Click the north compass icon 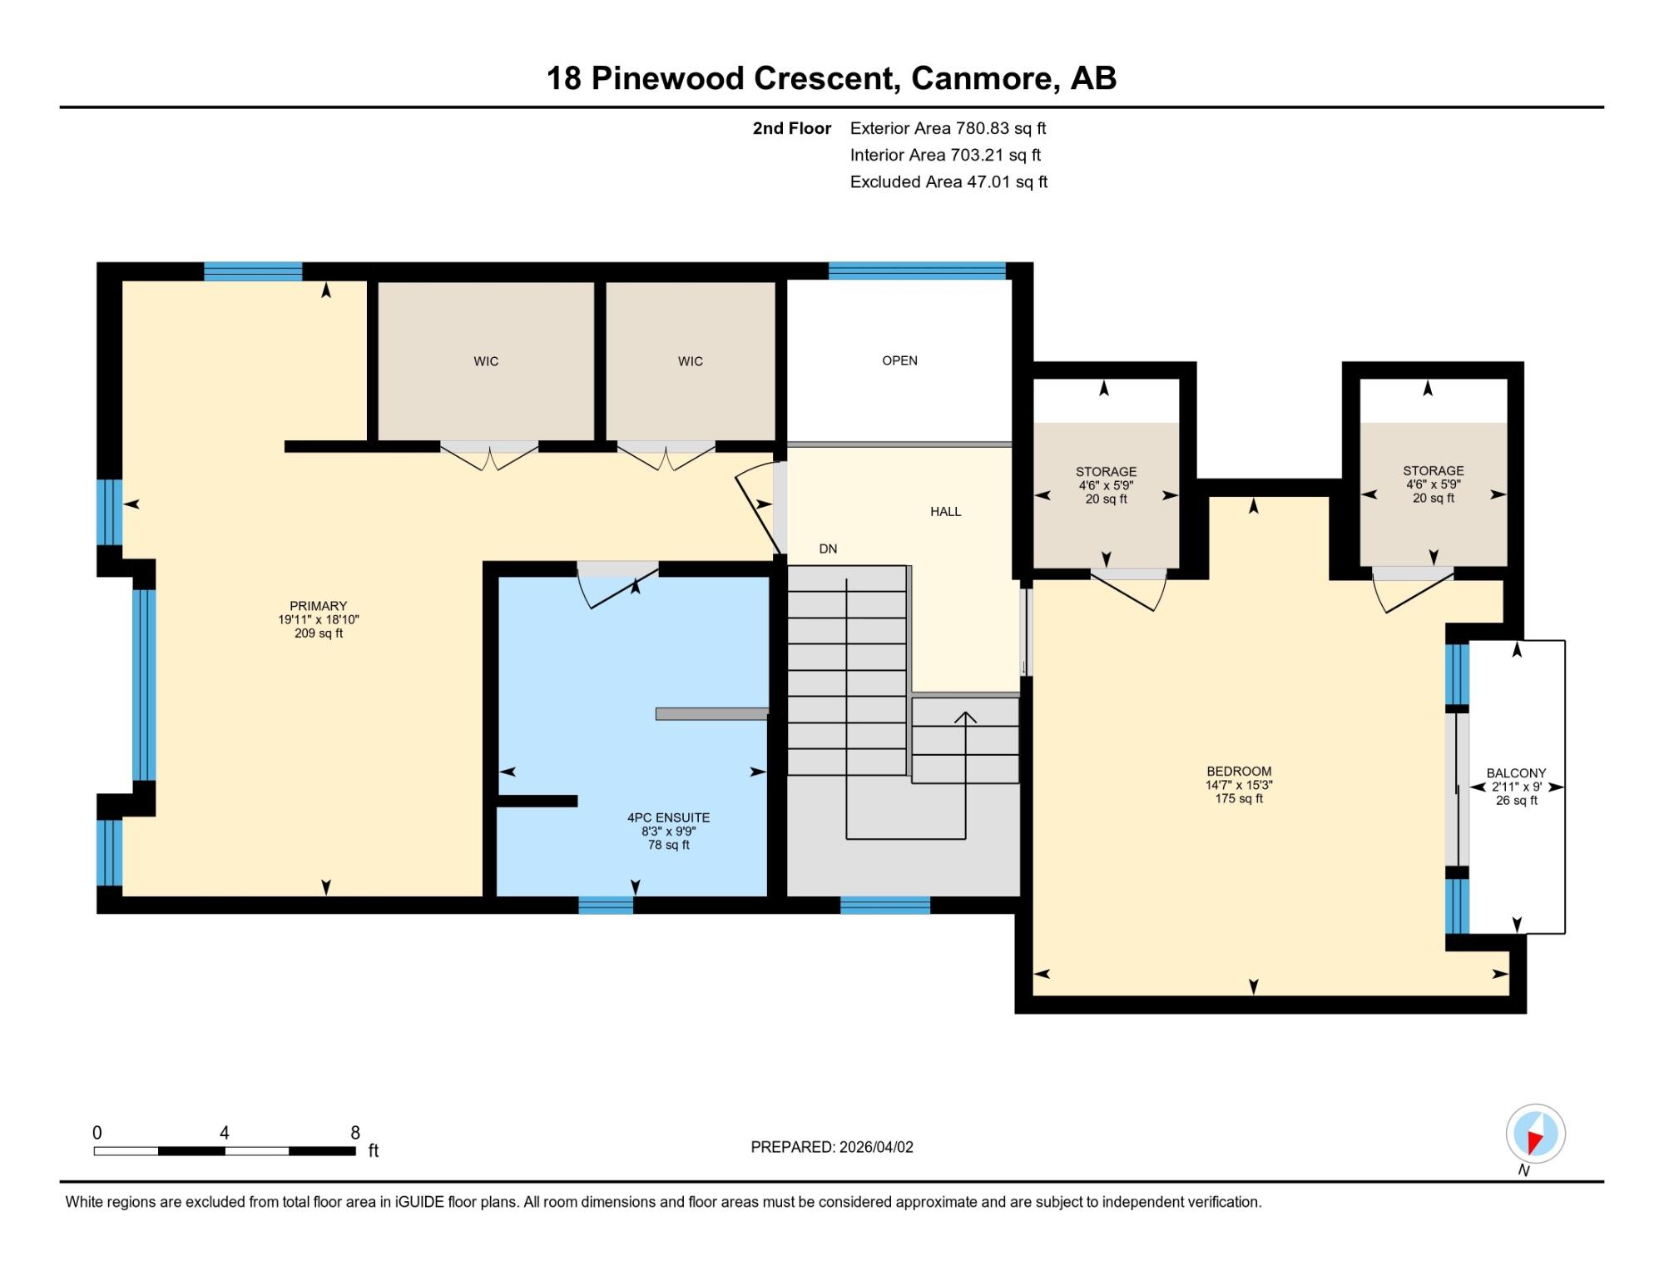pos(1535,1133)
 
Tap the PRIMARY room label pos(318,606)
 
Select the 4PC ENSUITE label pos(668,817)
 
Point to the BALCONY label pos(1516,773)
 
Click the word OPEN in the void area pos(899,360)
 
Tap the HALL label pos(945,512)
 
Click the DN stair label pos(828,549)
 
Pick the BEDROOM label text pos(1239,772)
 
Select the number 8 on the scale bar pos(355,1132)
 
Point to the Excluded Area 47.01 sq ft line pos(948,181)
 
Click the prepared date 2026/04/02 pos(876,1147)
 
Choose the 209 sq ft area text pos(318,633)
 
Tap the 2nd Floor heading pos(791,128)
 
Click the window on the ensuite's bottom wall pos(606,906)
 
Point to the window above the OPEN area pos(917,271)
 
